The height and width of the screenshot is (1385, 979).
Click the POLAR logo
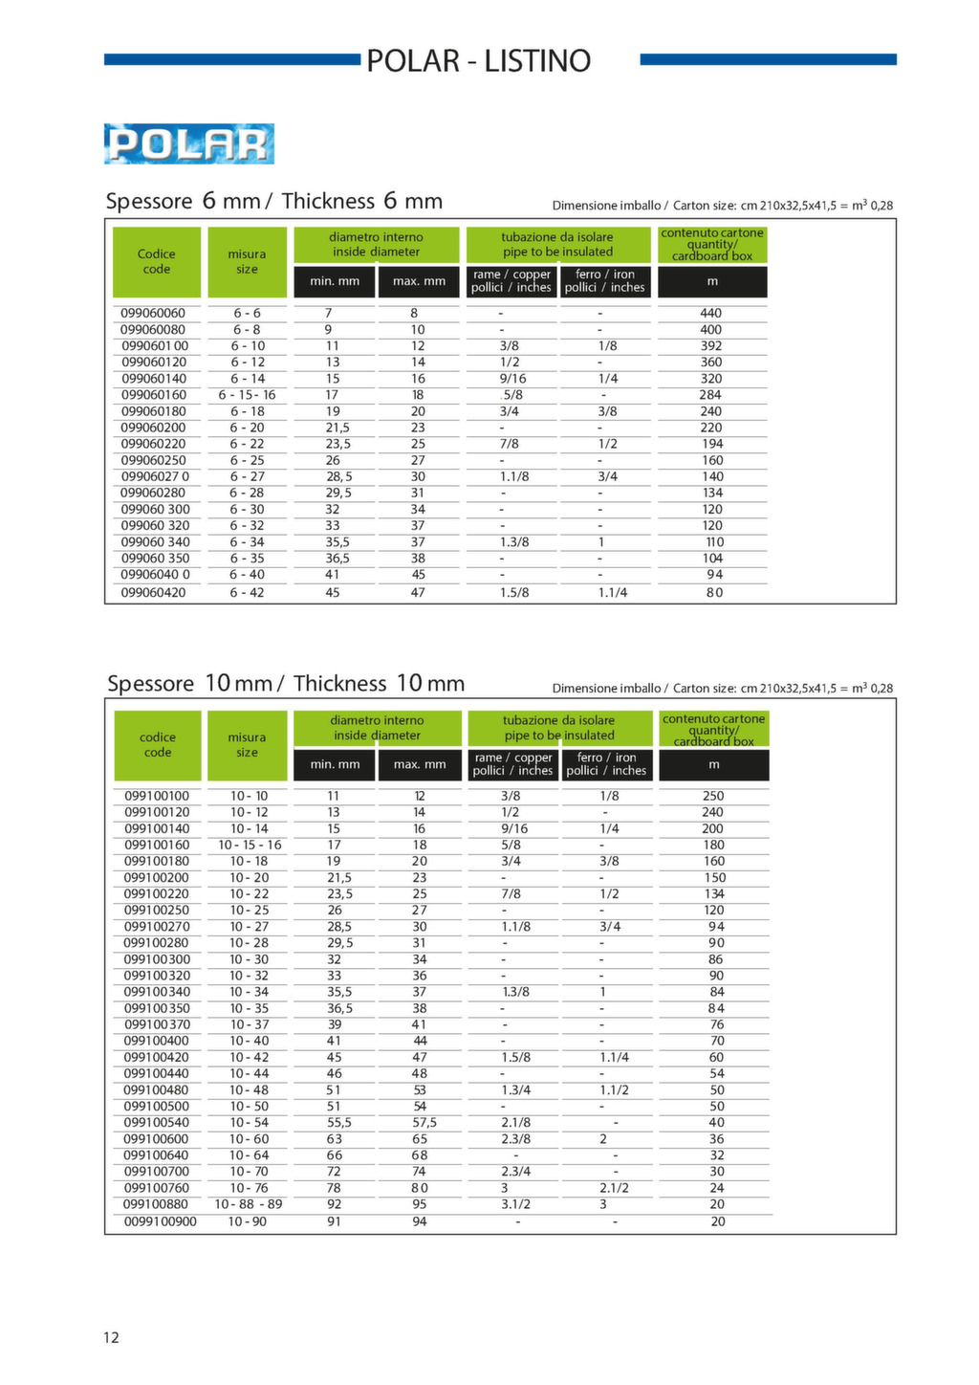(189, 144)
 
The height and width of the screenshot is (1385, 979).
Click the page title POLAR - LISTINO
(478, 61)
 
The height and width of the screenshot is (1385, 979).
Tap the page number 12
(111, 1337)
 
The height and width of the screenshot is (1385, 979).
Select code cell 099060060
(153, 313)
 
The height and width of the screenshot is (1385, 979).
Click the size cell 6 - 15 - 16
(247, 395)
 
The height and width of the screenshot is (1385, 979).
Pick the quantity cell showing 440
(711, 313)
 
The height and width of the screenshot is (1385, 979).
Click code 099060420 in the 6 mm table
(153, 593)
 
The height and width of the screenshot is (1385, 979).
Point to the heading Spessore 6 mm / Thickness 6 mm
(274, 202)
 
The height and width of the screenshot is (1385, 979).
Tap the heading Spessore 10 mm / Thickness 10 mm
(286, 684)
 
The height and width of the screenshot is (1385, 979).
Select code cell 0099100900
(160, 1221)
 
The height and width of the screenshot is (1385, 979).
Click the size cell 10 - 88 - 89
(249, 1204)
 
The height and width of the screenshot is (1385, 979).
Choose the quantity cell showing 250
(713, 796)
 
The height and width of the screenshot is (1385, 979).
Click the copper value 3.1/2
(515, 1204)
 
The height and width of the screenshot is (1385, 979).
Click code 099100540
(157, 1123)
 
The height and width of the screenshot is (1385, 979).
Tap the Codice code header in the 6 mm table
(157, 261)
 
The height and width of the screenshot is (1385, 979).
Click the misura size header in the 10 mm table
(247, 745)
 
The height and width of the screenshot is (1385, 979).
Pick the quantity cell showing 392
(711, 346)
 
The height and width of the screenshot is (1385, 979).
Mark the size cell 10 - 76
(249, 1188)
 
